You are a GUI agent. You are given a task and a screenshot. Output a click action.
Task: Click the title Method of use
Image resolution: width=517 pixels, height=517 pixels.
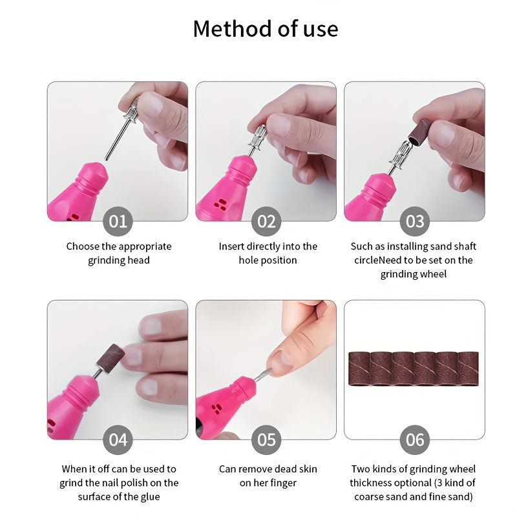tap(265, 29)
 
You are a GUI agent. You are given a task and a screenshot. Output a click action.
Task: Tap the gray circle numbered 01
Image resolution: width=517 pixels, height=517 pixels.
tap(117, 222)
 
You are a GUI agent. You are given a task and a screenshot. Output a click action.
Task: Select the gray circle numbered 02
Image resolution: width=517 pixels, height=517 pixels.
tap(266, 222)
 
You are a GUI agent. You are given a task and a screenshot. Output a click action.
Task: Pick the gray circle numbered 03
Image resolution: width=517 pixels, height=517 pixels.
tap(414, 222)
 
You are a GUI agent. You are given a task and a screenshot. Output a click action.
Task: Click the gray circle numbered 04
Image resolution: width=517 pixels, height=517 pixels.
tap(117, 440)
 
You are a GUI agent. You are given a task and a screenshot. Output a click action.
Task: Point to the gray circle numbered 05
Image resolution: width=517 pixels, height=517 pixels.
tap(266, 440)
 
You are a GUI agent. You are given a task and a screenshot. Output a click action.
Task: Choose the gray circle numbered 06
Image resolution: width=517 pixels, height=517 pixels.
tap(414, 440)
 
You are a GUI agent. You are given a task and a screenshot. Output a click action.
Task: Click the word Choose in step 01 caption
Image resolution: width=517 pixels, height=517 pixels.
tap(82, 246)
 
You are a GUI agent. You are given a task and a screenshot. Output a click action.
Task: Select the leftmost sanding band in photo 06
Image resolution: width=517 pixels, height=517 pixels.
tap(359, 369)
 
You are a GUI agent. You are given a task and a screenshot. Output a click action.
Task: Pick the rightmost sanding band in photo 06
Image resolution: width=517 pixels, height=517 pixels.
tap(467, 369)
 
